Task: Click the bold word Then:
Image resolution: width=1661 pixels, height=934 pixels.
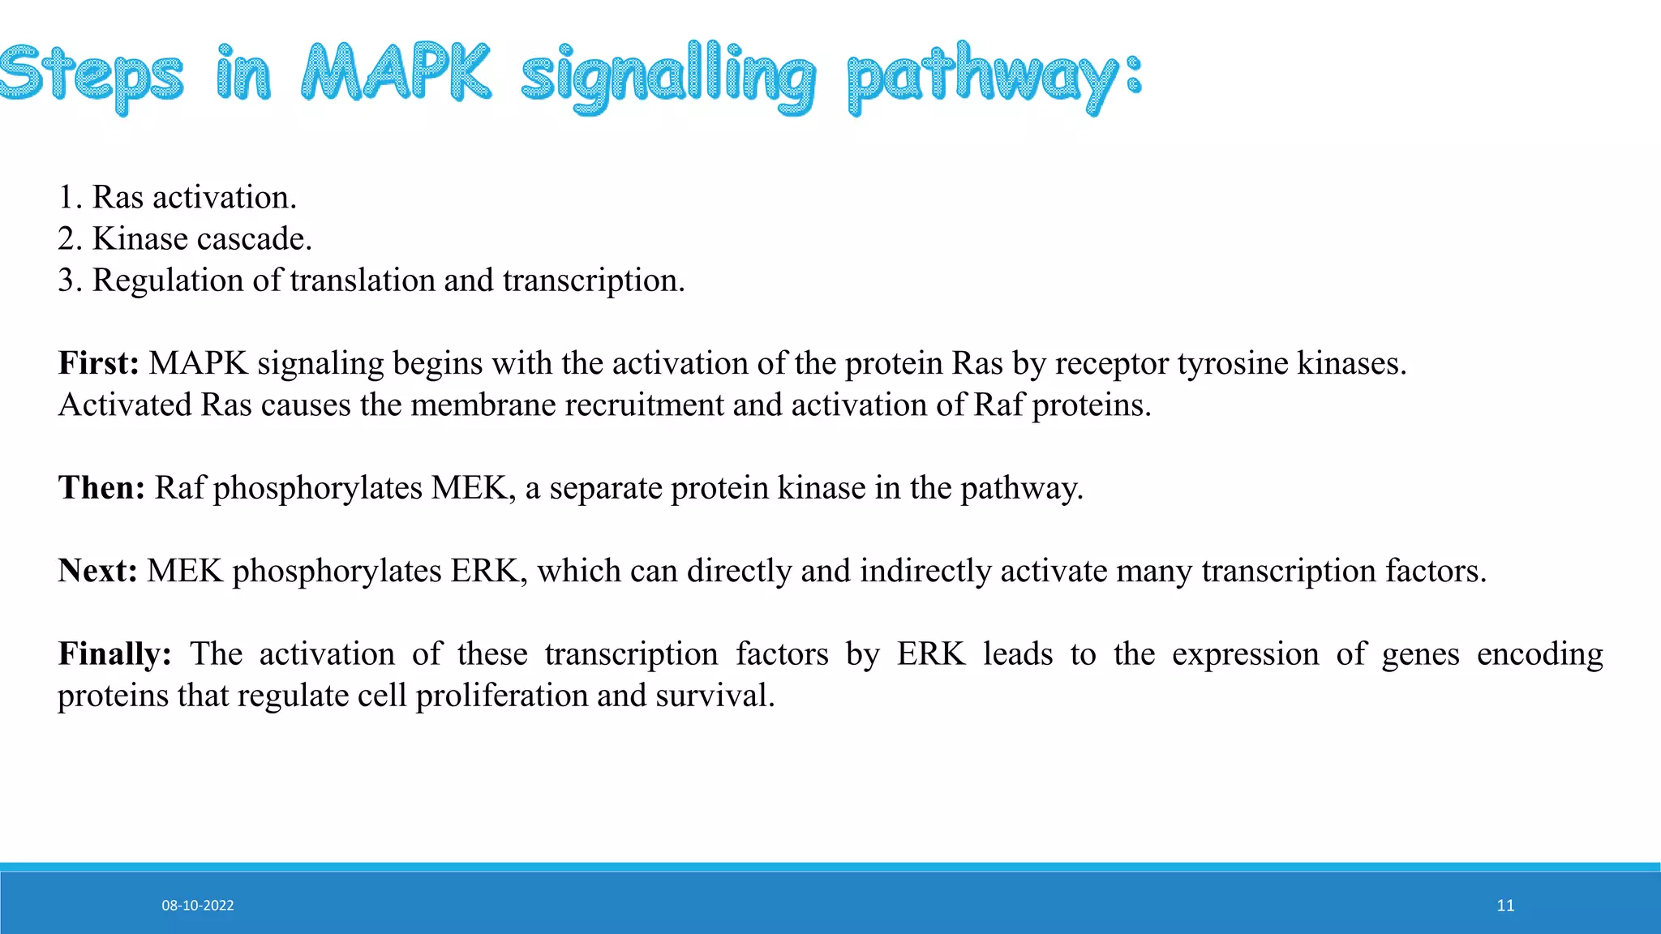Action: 101,488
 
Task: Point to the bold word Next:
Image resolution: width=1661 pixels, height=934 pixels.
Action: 97,571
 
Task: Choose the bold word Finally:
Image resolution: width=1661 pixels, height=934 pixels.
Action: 114,653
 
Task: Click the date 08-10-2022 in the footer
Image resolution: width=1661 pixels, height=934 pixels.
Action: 197,906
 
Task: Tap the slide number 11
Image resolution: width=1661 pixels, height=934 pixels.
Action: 1505,906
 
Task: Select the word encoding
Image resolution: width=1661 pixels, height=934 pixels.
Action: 1539,654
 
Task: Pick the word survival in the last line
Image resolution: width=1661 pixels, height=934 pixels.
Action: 714,696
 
